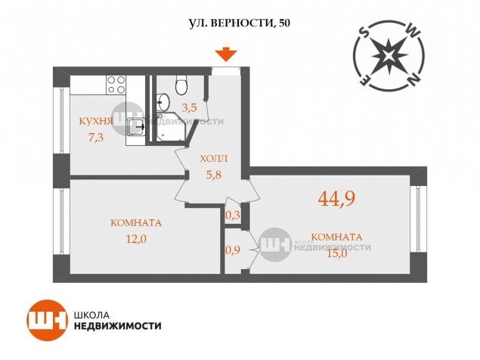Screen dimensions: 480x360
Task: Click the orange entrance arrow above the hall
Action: [x=225, y=55]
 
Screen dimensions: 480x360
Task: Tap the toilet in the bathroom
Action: [x=181, y=85]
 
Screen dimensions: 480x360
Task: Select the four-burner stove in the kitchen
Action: [x=116, y=85]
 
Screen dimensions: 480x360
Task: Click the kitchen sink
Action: [x=135, y=127]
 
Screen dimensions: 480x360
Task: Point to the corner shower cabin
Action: [x=172, y=128]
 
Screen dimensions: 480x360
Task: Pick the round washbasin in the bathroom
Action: [x=163, y=102]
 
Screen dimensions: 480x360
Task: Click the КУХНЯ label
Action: [x=96, y=121]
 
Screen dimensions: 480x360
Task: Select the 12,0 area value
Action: [x=136, y=238]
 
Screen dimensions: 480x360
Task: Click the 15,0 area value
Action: [x=337, y=253]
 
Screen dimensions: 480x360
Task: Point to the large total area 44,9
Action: [x=336, y=198]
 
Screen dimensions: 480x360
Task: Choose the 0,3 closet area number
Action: [x=233, y=216]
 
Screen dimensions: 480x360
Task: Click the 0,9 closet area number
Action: [x=233, y=250]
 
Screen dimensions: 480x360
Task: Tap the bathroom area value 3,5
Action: [x=189, y=107]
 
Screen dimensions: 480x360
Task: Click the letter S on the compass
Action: [x=364, y=32]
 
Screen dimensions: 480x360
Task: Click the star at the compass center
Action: [x=389, y=55]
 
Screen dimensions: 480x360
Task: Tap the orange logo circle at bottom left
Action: [x=47, y=321]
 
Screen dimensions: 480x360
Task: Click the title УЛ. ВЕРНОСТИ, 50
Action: [x=239, y=23]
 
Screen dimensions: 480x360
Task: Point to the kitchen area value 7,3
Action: [x=96, y=138]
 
